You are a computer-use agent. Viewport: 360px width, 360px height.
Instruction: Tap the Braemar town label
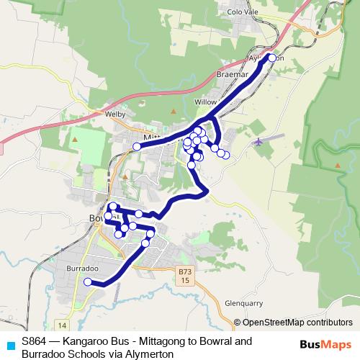click(x=231, y=74)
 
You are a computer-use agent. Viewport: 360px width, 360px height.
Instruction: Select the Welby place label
click(x=115, y=114)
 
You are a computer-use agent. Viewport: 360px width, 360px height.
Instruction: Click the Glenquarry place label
click(x=244, y=303)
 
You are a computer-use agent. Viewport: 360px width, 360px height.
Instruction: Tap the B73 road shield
click(x=186, y=271)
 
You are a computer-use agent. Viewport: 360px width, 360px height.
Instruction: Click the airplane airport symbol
click(x=258, y=141)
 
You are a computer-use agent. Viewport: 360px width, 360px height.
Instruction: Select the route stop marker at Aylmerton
click(x=272, y=58)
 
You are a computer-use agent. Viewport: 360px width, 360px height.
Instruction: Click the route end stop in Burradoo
click(x=88, y=282)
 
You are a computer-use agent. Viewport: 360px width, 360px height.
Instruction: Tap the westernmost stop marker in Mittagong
click(x=136, y=147)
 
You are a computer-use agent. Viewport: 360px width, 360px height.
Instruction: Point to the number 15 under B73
click(x=186, y=280)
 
